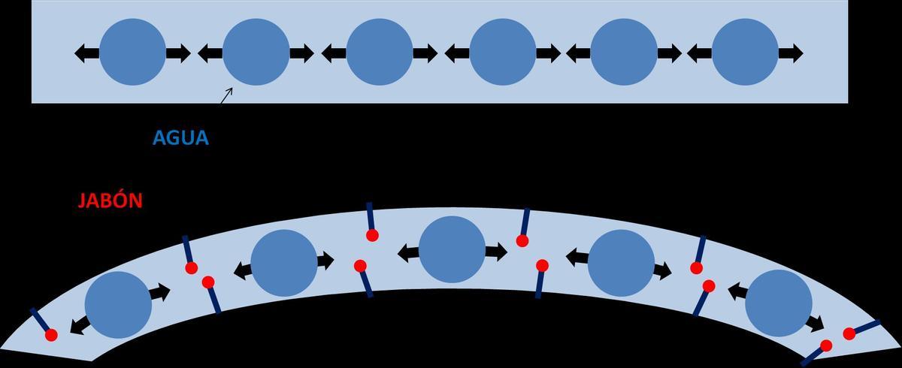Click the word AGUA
point(180,138)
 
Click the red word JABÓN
point(110,201)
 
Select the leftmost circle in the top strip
point(132,53)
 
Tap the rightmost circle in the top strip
point(745,53)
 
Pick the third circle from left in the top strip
point(380,53)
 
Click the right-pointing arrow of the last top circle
point(790,53)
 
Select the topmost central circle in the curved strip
point(452,249)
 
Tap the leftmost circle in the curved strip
point(118,305)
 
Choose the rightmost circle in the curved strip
point(779,303)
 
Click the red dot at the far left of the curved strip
point(51,336)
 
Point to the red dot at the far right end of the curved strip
point(849,333)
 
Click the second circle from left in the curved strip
point(283,263)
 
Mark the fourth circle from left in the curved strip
point(621,263)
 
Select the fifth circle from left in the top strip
point(623,53)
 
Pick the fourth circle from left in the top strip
point(502,53)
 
